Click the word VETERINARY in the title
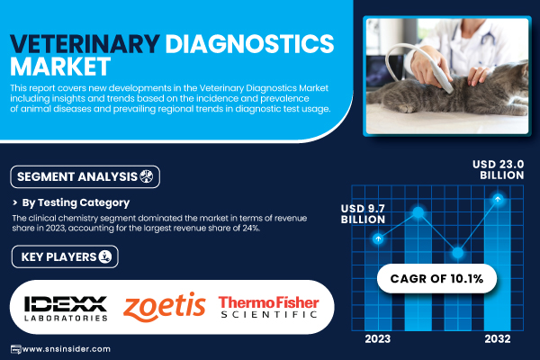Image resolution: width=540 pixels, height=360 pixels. coord(85,43)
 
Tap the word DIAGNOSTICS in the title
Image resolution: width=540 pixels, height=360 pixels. coord(249,43)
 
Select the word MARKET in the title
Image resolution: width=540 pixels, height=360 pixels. coord(60,66)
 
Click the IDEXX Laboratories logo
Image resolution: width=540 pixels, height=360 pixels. coord(66,309)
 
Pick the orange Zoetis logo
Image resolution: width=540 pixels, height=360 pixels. coord(165,307)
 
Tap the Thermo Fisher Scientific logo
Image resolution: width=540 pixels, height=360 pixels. coord(268,307)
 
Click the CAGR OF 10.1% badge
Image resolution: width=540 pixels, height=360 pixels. coord(436,278)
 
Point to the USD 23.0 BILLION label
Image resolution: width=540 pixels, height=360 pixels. coord(499,169)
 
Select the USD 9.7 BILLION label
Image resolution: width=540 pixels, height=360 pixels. coord(363,213)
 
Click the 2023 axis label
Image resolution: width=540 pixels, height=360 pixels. coord(378,339)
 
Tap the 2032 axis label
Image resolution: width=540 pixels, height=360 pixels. coord(498,339)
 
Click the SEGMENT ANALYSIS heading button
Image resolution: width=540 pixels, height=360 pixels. coord(85,176)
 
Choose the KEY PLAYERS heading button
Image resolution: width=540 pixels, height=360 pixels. coord(65,256)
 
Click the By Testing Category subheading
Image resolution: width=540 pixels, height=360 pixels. coord(76,202)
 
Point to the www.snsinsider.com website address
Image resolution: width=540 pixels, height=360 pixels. coord(66,349)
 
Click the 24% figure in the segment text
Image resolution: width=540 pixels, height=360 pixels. coord(251,228)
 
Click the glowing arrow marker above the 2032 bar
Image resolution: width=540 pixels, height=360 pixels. coord(498,199)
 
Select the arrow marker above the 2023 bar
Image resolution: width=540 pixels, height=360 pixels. coord(378,238)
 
